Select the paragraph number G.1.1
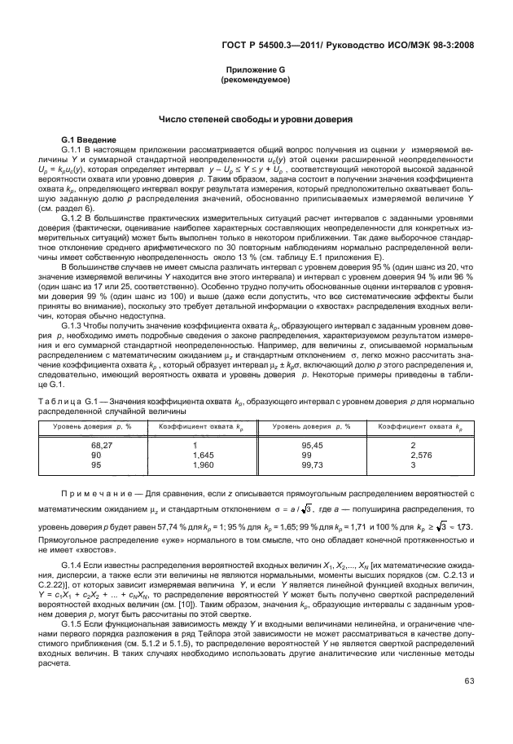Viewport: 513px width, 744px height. click(75, 150)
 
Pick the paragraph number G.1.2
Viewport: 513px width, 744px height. click(75, 218)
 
